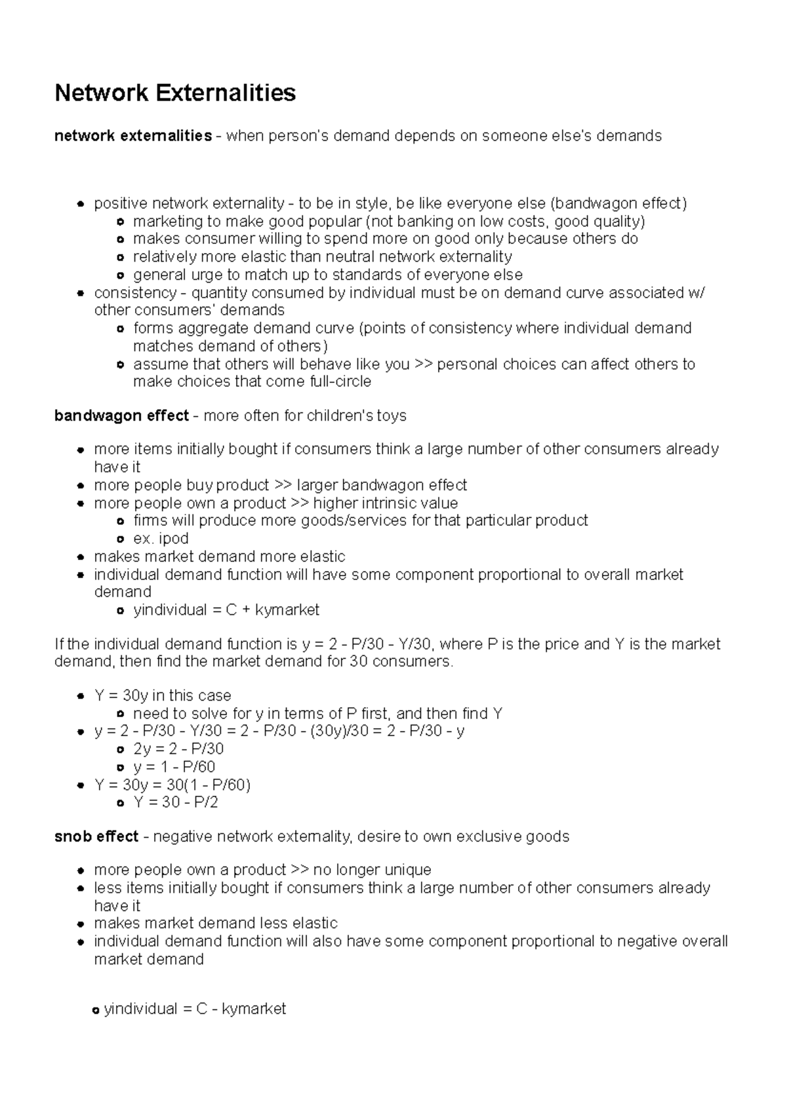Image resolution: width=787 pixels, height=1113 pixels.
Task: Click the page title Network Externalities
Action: pos(175,93)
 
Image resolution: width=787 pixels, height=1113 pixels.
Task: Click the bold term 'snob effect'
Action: pos(96,836)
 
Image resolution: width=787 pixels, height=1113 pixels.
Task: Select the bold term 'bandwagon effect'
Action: pos(121,416)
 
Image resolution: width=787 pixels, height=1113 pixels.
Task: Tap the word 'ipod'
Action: pos(174,538)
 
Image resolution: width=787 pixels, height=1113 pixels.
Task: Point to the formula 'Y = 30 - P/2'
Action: pos(175,802)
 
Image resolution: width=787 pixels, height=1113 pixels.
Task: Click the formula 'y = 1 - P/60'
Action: pos(174,767)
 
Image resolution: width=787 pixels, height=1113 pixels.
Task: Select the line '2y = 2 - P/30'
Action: pos(178,749)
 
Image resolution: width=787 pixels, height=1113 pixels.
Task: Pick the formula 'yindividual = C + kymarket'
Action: pos(226,610)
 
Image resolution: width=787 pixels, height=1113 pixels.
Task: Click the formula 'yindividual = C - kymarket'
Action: pos(195,1009)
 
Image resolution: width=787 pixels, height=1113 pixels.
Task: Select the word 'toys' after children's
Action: pos(392,416)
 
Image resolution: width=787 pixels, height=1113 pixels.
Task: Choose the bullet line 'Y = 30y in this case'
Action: pos(163,695)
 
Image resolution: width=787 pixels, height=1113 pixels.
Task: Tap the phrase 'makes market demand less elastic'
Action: pos(216,924)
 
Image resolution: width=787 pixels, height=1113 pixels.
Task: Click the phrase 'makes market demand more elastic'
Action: pos(220,556)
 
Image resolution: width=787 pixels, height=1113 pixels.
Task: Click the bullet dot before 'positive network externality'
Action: pos(80,204)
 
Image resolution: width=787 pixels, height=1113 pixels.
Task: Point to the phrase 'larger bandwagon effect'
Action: pos(382,485)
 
